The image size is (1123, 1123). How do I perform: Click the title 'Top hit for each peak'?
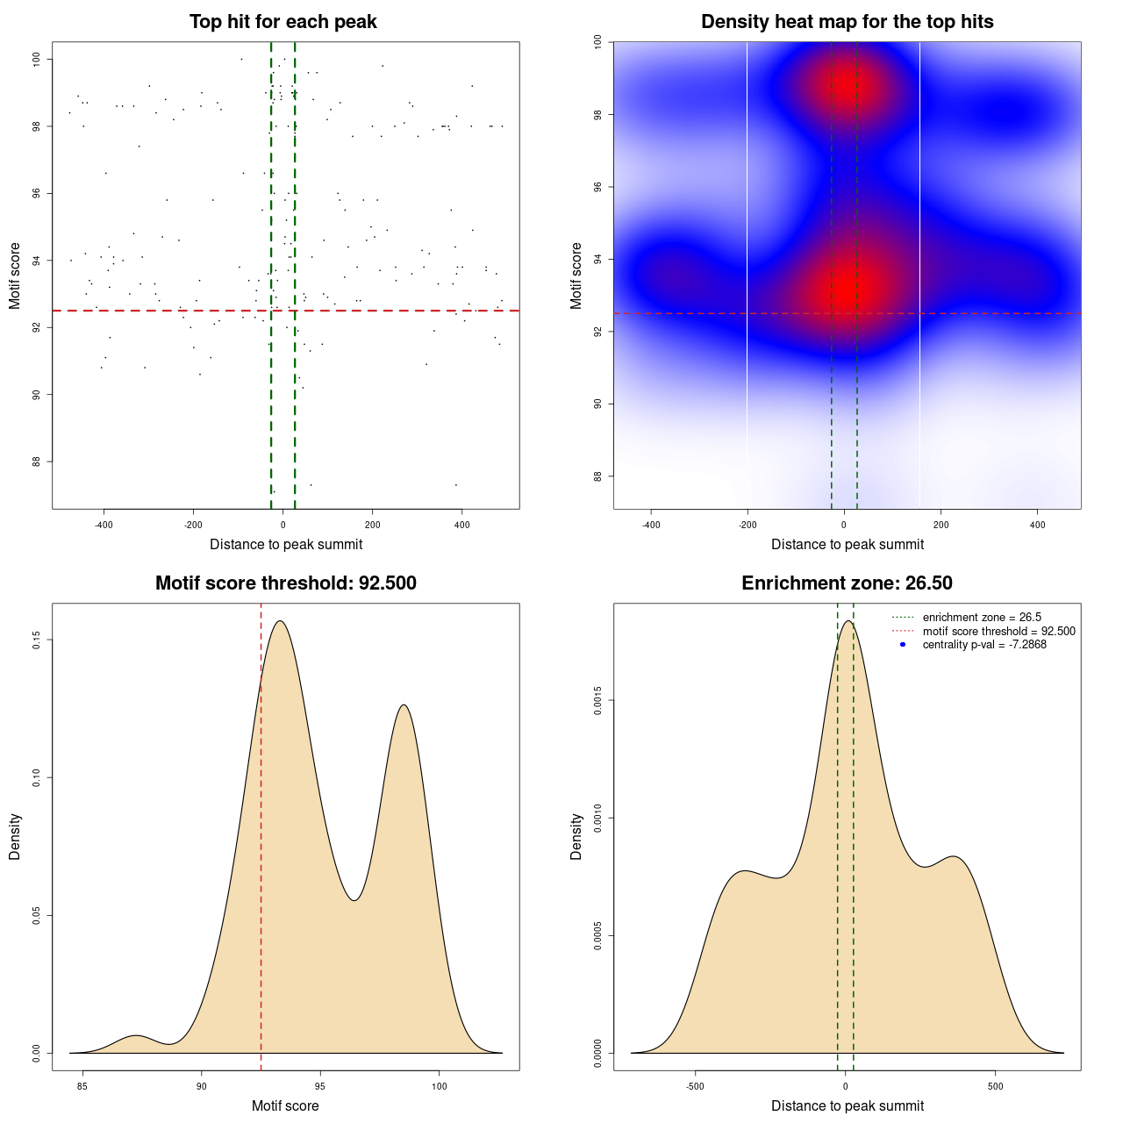tap(283, 22)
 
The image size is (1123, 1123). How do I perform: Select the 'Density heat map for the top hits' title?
tap(847, 22)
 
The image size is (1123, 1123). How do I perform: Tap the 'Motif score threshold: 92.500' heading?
tap(285, 583)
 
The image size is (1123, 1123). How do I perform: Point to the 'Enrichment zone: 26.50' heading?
tap(847, 583)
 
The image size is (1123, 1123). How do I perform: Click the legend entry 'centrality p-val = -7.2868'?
tap(984, 645)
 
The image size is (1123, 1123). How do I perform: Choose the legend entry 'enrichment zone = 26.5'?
tap(982, 618)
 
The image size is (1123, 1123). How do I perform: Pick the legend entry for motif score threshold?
tap(998, 631)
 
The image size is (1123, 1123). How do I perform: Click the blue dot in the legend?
tap(903, 645)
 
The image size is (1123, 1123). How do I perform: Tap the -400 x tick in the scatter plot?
tap(104, 525)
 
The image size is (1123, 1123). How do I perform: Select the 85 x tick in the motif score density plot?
tap(82, 1086)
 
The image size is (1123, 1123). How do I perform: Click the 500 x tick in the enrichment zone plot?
tap(995, 1086)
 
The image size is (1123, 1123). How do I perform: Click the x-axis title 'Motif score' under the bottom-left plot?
tap(285, 1105)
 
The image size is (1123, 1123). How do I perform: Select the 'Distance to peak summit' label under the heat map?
tap(847, 544)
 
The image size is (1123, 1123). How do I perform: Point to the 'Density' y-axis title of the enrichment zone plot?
tap(576, 836)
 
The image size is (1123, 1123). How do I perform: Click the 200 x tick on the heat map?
tap(941, 525)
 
